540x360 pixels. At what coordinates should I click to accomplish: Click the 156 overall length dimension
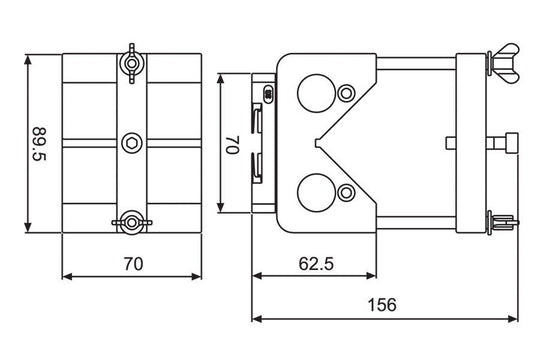(x=382, y=305)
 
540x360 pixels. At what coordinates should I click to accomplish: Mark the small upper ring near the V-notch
(x=347, y=93)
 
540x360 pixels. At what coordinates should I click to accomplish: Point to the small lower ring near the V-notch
(x=347, y=191)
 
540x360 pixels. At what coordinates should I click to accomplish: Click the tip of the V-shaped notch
(x=316, y=142)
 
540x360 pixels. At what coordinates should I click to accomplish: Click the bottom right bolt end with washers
(x=503, y=221)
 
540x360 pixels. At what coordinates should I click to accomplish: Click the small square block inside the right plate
(x=447, y=142)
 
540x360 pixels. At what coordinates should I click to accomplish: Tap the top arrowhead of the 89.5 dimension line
(x=29, y=57)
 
